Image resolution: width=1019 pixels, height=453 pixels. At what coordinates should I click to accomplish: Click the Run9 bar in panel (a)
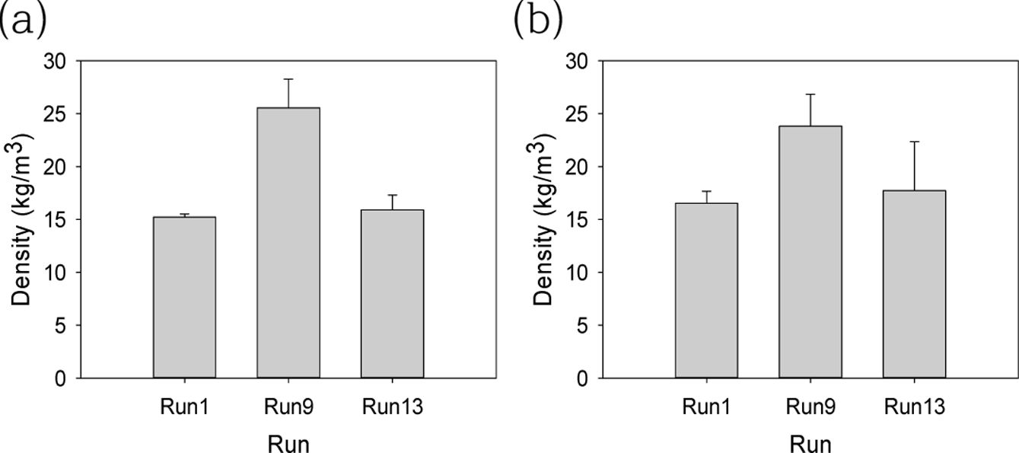[x=288, y=244]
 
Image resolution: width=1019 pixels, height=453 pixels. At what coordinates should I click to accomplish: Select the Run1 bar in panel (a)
[x=184, y=297]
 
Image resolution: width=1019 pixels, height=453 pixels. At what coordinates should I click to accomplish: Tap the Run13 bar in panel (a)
[x=392, y=294]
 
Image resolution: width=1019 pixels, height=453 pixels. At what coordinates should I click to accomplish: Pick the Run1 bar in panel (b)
[x=706, y=290]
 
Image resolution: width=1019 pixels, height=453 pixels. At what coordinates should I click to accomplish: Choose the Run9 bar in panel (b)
[x=810, y=252]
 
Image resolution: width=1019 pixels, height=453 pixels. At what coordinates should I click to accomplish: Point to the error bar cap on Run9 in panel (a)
[x=288, y=79]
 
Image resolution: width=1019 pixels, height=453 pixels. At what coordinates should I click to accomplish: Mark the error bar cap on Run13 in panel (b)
[x=914, y=142]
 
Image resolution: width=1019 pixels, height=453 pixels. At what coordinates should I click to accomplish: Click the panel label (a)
[x=23, y=20]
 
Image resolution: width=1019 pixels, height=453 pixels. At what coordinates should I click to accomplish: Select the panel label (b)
[x=538, y=20]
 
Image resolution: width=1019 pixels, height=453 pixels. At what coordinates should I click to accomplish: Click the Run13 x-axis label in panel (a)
[x=392, y=407]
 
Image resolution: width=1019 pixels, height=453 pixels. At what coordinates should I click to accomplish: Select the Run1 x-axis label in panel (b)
[x=706, y=407]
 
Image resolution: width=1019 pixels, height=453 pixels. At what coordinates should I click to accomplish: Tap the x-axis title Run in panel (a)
[x=288, y=443]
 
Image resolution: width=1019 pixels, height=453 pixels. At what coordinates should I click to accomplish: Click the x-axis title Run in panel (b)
[x=810, y=443]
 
